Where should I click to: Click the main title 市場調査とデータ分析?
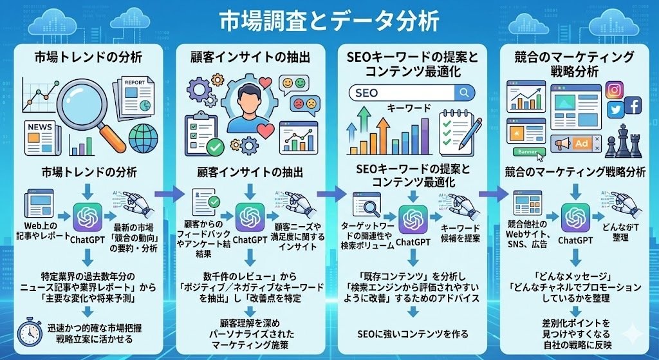coord(329,22)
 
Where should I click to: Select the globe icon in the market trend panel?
coord(143,138)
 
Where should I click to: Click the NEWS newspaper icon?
coord(41,133)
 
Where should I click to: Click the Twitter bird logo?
coord(616,110)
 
